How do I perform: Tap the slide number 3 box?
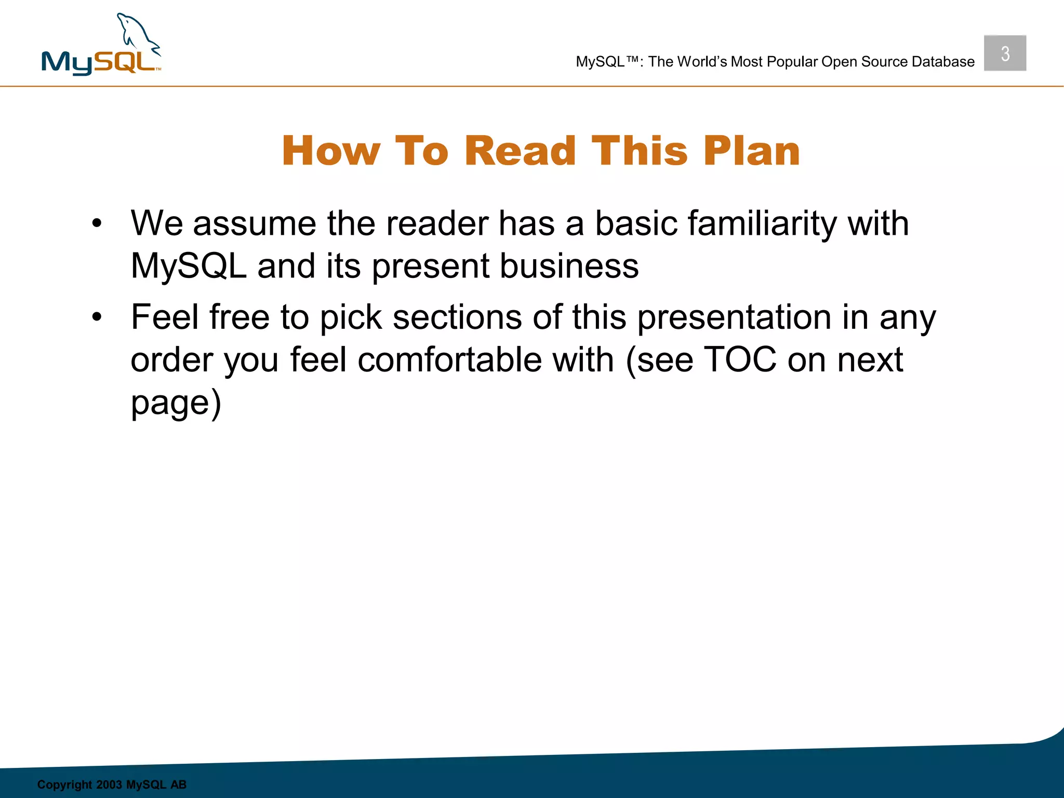coord(1005,54)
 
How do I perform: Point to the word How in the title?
coord(331,151)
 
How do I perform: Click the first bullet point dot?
coord(97,224)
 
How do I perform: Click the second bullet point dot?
coord(97,317)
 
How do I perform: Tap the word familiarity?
coord(762,224)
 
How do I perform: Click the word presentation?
coord(734,317)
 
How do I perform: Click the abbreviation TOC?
coord(740,360)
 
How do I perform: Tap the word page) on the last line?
coord(176,403)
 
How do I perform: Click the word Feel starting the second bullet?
coord(164,317)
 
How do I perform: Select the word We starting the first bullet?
coord(156,224)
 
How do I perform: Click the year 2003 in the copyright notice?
coord(109,784)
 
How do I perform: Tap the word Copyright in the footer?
coord(64,784)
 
